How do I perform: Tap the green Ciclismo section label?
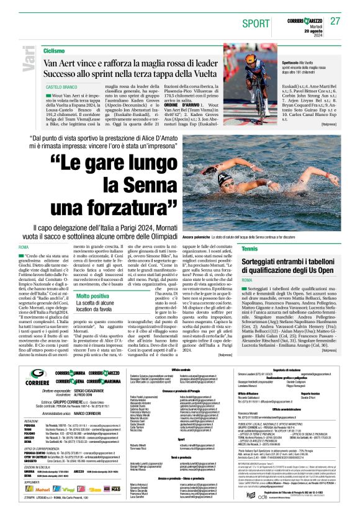click(x=55, y=51)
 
